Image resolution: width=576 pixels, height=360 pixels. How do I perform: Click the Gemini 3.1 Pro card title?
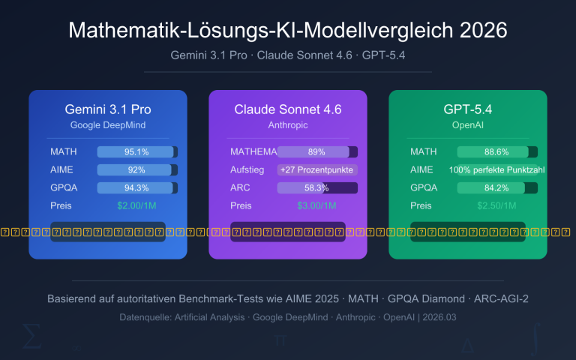(108, 109)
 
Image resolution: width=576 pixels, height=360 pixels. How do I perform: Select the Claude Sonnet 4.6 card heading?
(288, 109)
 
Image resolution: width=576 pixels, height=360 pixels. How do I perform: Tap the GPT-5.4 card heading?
(468, 109)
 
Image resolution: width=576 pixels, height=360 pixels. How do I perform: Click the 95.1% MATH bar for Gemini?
(137, 152)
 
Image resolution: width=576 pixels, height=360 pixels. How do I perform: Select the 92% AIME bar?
(137, 170)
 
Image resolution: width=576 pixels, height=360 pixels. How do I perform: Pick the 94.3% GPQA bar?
(137, 188)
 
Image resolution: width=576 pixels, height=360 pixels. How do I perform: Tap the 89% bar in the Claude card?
(316, 152)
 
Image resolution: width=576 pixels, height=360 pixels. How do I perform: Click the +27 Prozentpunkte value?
(316, 170)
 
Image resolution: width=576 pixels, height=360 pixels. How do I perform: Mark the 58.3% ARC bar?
(316, 188)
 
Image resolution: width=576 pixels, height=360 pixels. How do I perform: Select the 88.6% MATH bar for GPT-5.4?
(497, 152)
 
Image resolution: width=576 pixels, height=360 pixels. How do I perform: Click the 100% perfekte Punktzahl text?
(497, 170)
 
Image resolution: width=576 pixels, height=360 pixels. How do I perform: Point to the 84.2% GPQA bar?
(497, 188)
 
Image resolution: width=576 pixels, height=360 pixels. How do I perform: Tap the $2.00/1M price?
(137, 205)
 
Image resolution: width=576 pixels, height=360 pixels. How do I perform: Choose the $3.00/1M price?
(316, 205)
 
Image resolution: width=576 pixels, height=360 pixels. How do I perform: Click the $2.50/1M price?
(497, 205)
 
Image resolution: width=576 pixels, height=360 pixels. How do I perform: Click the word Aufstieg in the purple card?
(247, 170)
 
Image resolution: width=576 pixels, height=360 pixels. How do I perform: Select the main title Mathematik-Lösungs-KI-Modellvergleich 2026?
(288, 31)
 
